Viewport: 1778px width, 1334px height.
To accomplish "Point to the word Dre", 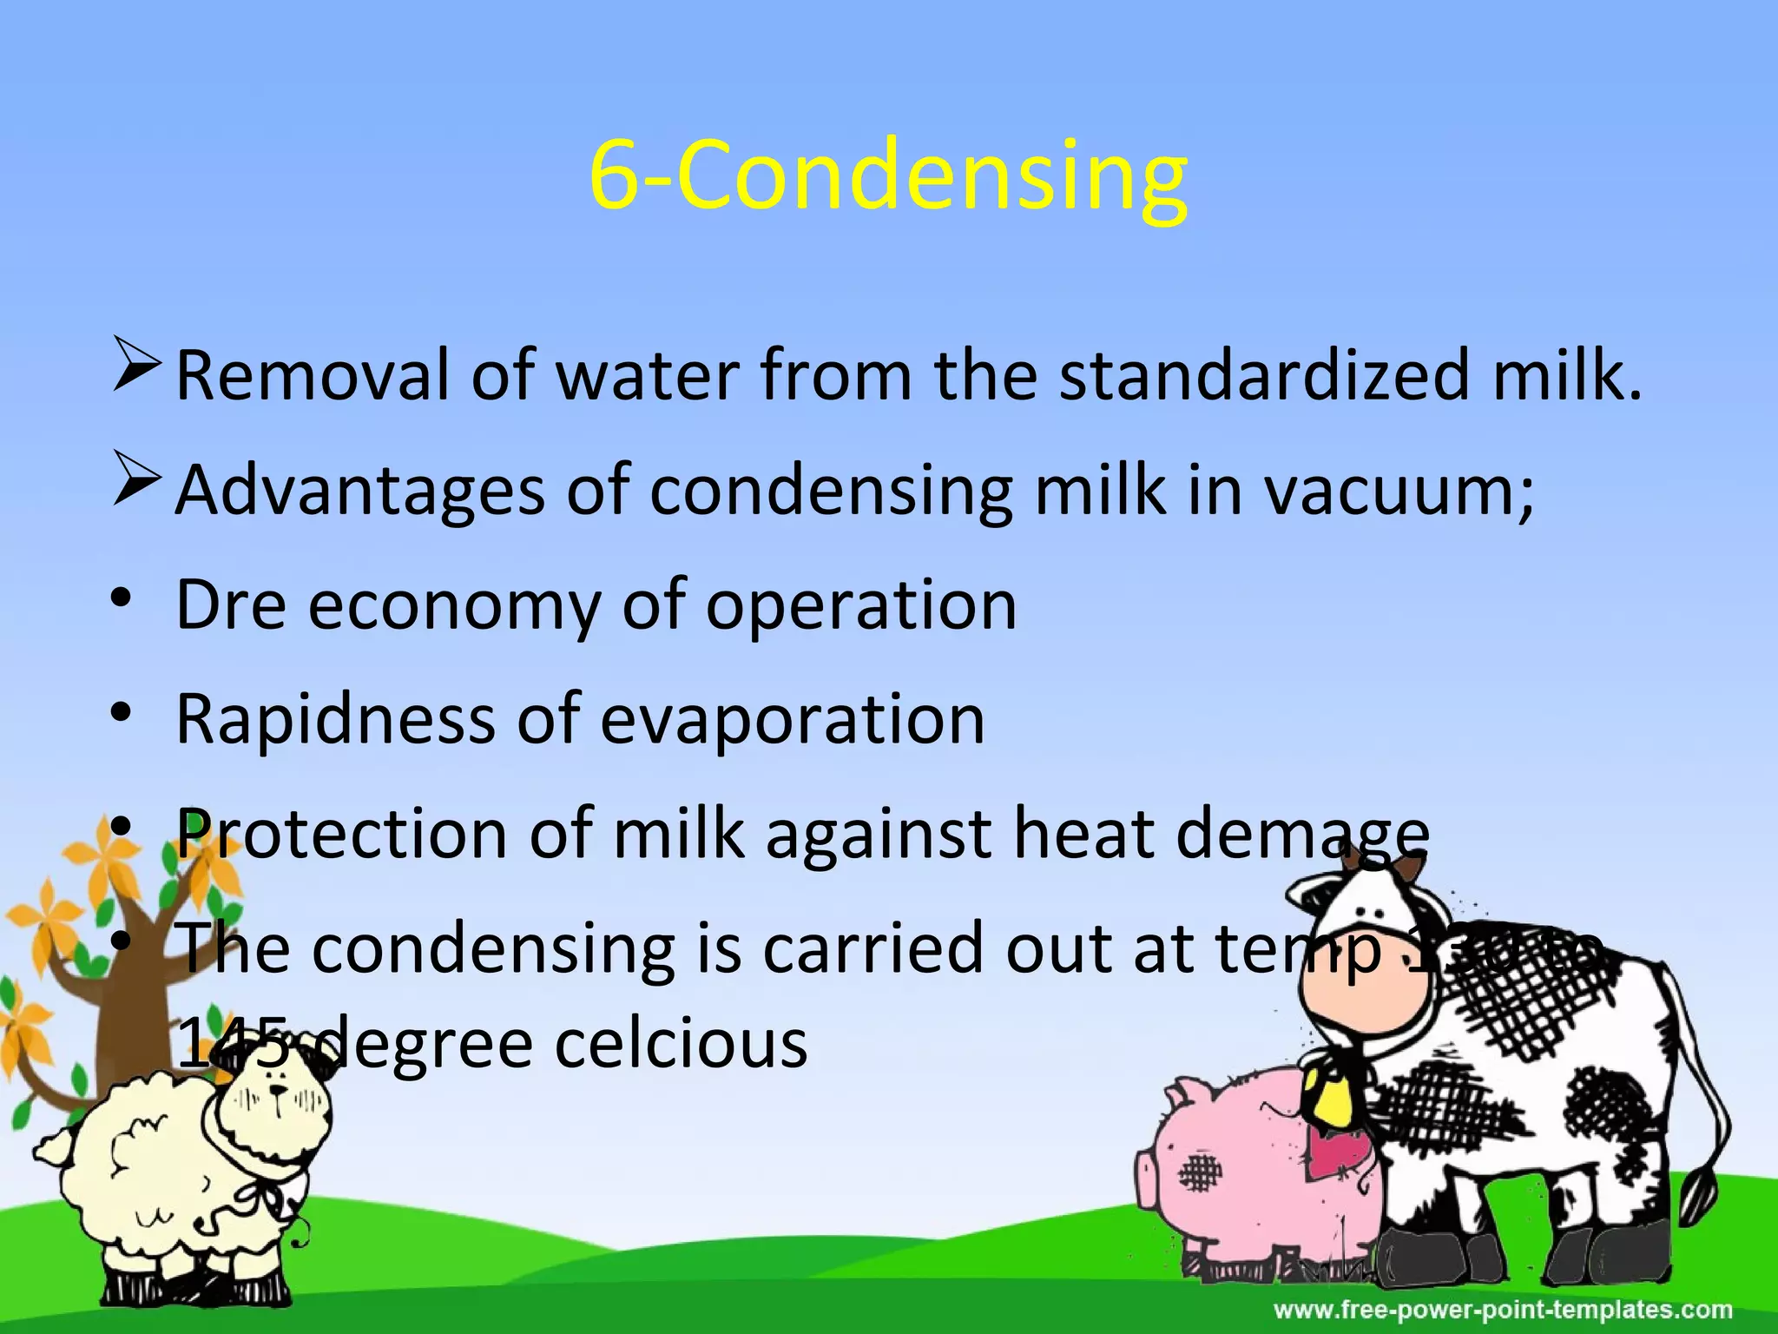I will (x=231, y=604).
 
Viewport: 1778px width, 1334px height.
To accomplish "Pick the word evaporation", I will (x=793, y=719).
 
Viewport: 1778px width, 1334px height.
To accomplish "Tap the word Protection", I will (x=341, y=834).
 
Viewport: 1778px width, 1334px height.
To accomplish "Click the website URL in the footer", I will (x=1502, y=1309).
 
